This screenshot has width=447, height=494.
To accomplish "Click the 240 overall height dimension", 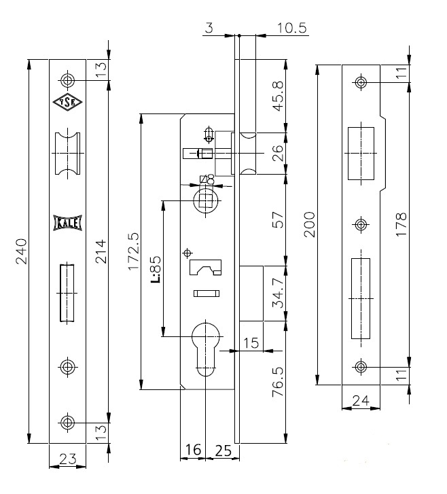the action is click(x=22, y=251).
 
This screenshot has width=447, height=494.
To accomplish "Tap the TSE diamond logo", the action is click(x=67, y=102).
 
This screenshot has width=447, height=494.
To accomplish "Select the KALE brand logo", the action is click(x=67, y=223).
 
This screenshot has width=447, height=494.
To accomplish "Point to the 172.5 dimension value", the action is click(x=134, y=251).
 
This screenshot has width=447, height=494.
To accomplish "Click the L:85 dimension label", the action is click(x=156, y=268).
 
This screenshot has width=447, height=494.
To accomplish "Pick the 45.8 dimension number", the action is click(x=278, y=96).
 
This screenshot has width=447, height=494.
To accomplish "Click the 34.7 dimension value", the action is click(x=279, y=294).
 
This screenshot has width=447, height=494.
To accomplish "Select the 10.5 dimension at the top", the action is click(x=291, y=28).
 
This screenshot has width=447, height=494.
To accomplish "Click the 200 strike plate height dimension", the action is click(x=309, y=224).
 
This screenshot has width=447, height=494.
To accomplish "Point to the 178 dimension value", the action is click(x=401, y=224).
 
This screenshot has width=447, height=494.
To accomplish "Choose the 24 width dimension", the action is click(x=360, y=400).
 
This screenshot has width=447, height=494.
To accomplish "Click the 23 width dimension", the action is click(x=68, y=459).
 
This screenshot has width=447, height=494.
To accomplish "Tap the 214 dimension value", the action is click(x=101, y=251).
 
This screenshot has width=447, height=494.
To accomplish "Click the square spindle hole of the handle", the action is click(x=206, y=200).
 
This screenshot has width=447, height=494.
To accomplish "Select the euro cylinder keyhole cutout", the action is click(x=205, y=349).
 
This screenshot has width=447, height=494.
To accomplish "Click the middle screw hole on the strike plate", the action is click(x=361, y=224).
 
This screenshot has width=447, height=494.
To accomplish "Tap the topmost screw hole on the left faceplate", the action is click(x=67, y=80).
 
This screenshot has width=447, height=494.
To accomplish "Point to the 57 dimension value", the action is click(x=278, y=219).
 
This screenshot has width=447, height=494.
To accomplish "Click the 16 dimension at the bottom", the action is click(x=193, y=450).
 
